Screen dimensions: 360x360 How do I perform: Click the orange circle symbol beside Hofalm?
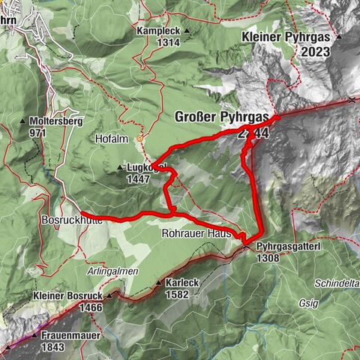coord(139,139)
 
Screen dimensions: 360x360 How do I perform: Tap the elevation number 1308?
coord(268,257)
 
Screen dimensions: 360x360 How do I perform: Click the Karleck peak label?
coord(180,283)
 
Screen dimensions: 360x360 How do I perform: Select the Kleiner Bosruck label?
coord(67,296)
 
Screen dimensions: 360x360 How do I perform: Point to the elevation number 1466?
coord(88,307)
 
